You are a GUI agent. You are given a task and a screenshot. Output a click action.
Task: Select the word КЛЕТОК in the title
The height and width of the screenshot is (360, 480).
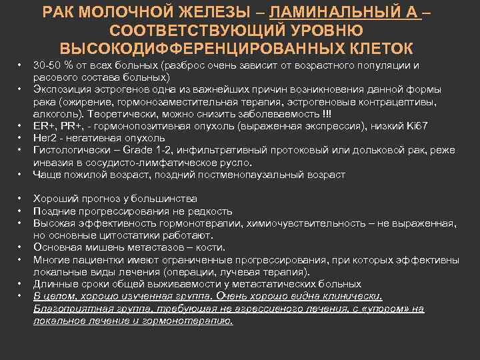point(376,49)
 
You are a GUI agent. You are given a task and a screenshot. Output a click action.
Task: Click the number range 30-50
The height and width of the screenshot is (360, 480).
point(47,65)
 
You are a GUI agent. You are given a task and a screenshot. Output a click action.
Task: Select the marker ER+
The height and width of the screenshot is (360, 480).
point(43,124)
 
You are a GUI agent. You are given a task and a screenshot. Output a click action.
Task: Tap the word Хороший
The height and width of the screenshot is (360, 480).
point(56,199)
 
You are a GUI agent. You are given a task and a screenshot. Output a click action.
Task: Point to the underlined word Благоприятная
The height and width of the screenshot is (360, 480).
point(68,309)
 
